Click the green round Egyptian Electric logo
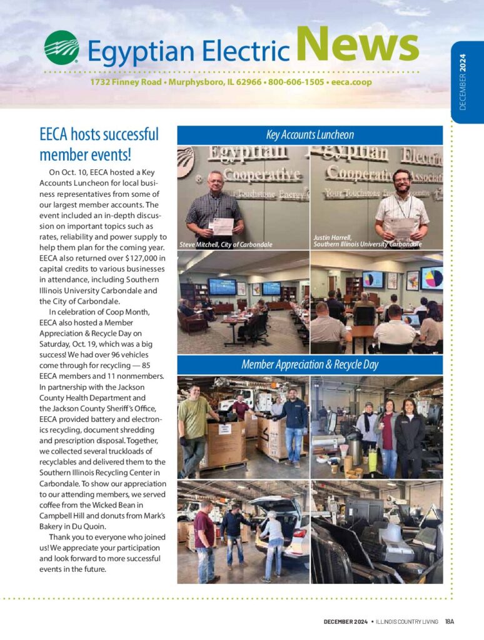pos(61,47)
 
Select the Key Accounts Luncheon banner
pos(310,135)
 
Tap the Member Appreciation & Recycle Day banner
pos(310,364)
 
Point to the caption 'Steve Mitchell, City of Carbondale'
pos(226,244)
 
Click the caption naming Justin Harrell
pos(367,241)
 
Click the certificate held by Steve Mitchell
pos(221,226)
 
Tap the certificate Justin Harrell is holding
pos(401,226)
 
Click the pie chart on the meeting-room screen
pos(432,277)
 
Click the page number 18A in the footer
pos(449,621)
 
